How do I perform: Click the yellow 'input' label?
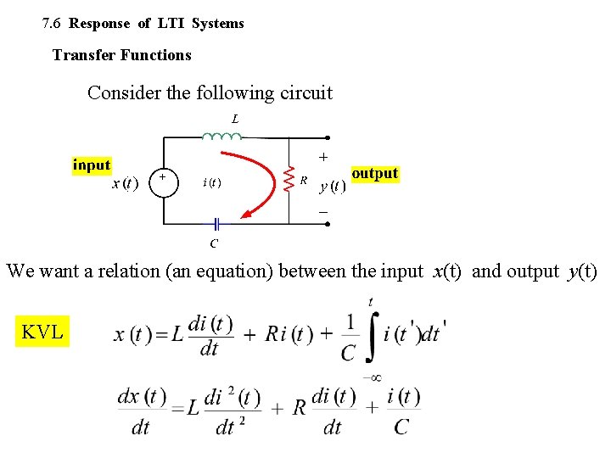[92, 165]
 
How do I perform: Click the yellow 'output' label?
[374, 173]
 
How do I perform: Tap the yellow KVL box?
[42, 332]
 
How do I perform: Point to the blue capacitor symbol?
[216, 224]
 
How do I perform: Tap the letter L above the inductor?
[235, 119]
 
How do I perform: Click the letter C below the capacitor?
[214, 244]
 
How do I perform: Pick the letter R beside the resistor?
[304, 180]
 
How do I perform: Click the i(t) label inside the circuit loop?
[212, 182]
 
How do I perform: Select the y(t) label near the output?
[331, 186]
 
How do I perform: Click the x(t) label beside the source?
[125, 183]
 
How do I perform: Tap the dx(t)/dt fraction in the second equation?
[142, 411]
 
